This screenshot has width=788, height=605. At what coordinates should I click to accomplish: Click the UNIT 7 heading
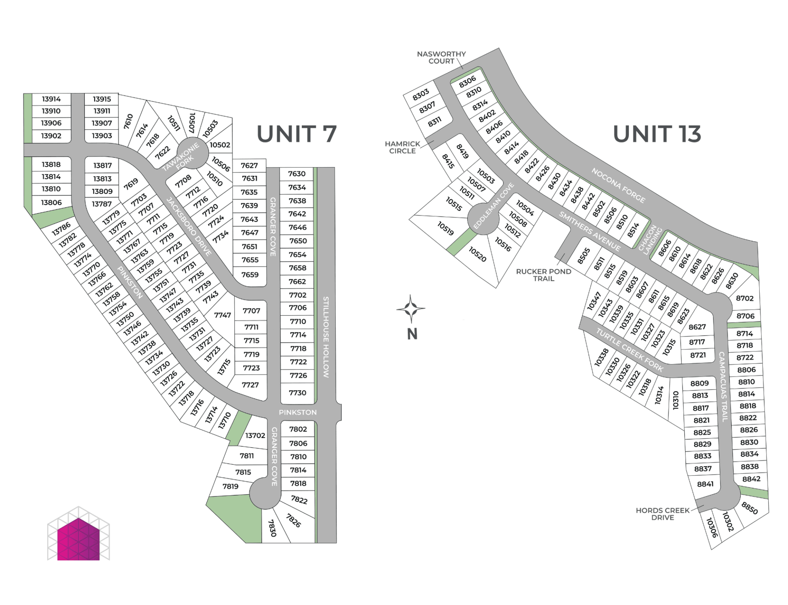296,134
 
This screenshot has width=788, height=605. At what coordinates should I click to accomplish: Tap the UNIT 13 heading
657,134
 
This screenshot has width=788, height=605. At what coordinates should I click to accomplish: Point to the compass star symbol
411,309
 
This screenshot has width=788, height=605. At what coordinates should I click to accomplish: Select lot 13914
51,99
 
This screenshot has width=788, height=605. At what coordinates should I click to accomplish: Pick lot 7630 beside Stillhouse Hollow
297,174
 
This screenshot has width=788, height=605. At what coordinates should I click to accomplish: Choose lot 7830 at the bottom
272,528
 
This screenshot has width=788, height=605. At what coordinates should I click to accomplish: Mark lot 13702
255,435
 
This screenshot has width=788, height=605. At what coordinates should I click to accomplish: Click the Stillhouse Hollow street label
326,337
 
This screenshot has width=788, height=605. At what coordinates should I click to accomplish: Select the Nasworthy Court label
441,57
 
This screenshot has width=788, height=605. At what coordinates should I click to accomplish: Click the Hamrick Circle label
402,147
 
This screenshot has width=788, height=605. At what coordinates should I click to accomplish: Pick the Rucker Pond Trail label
543,275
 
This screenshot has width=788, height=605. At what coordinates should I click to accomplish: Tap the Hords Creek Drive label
662,514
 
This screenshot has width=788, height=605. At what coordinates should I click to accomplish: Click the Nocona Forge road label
618,185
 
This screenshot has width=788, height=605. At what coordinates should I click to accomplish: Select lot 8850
749,508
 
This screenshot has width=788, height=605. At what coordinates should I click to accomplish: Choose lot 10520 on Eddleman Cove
477,254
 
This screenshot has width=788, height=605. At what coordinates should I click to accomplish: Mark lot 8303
421,94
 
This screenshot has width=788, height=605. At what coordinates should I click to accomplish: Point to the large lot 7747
222,315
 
